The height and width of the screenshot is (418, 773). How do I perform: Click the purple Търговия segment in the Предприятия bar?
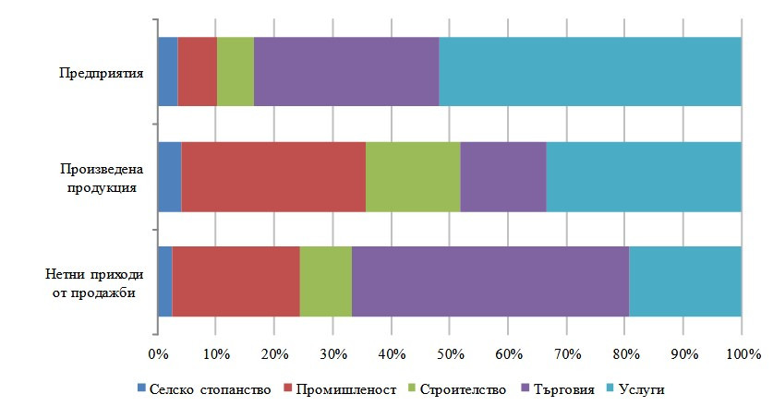(x=346, y=72)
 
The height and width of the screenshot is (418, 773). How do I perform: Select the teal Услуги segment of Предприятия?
(x=589, y=72)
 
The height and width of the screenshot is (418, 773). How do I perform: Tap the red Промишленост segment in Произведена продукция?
(x=273, y=177)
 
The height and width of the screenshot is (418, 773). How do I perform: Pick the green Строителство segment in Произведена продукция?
(x=413, y=177)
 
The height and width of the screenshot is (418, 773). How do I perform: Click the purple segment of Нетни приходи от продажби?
(x=489, y=281)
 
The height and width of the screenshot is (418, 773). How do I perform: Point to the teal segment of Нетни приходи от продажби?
(x=684, y=281)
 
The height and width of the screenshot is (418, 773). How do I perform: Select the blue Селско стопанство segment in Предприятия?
(x=167, y=72)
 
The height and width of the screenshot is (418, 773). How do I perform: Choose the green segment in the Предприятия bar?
(x=236, y=72)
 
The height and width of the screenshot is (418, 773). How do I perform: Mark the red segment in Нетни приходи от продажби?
(x=236, y=281)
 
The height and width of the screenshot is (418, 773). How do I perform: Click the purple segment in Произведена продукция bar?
(x=502, y=177)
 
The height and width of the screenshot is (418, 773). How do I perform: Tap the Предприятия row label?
(x=102, y=72)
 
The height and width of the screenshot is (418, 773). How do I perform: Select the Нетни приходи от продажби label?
(x=91, y=282)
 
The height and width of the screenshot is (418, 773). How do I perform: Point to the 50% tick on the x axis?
(x=449, y=354)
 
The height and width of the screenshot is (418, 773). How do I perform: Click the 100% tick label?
(x=742, y=354)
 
